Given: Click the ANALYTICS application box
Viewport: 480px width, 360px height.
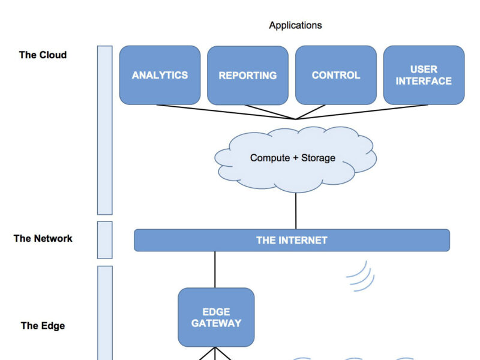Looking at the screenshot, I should pos(160,75).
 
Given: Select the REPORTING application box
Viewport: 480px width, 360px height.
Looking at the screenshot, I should pos(247,75).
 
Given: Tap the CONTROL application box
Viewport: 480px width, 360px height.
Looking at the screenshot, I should pos(336,75).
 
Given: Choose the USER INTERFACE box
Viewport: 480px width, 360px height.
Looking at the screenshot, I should pos(424,75).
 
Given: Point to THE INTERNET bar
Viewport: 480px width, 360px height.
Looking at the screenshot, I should pos(292,240).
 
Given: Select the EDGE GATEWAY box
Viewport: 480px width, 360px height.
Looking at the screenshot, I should pos(216,317).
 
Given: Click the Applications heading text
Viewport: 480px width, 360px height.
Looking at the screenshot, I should pos(295,25).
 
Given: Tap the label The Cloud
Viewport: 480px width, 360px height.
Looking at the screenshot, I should pos(43,55).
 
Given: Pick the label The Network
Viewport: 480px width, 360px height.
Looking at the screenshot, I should pos(43,238).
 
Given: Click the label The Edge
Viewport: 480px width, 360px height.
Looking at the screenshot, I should pos(43,326).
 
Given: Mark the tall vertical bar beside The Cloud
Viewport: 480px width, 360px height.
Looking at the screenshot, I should pos(105,130).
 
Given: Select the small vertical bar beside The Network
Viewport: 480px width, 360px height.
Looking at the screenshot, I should pos(105,239).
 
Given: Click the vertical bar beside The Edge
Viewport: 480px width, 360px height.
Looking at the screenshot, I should pos(105,312).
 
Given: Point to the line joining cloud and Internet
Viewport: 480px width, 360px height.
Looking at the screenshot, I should pos(296,210).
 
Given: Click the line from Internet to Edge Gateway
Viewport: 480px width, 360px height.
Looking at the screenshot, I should pos(215,269).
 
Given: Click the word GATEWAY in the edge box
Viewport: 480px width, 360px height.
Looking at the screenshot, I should pos(216,323).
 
